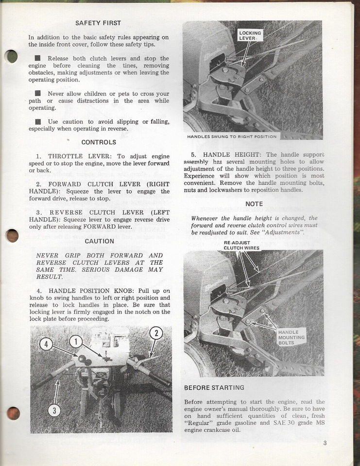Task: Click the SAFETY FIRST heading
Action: [98, 23]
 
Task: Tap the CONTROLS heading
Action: [99, 142]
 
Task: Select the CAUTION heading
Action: [99, 241]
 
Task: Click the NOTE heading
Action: [254, 204]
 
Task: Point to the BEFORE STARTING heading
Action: [214, 388]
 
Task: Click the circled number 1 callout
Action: [76, 341]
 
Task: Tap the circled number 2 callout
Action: [155, 333]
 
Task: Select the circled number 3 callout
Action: [54, 411]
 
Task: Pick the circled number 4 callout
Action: [46, 345]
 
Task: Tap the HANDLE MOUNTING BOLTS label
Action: [291, 337]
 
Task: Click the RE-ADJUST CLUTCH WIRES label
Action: [241, 246]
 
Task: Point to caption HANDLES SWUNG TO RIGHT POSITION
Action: [232, 136]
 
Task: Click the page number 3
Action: [325, 442]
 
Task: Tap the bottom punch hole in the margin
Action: [13, 413]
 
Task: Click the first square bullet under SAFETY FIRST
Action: [38, 58]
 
